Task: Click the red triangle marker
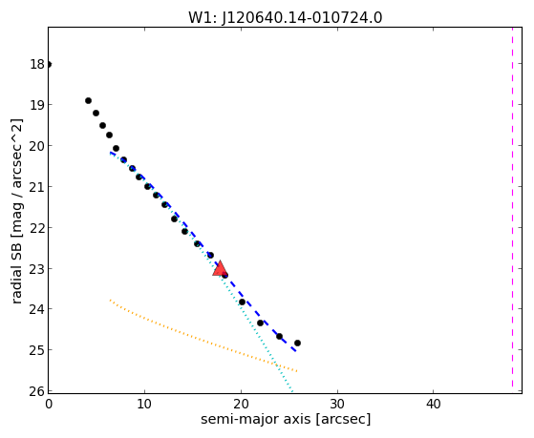(220, 268)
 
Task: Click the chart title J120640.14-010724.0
(302, 18)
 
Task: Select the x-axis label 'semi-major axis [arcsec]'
(286, 419)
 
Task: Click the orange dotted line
(203, 336)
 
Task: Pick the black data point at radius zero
(49, 64)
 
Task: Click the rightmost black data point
(297, 343)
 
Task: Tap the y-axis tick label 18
(37, 64)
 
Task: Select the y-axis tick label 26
(37, 391)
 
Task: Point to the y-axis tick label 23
(37, 268)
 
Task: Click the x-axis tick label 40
(433, 404)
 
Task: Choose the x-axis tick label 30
(337, 404)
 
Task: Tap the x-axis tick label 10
(144, 404)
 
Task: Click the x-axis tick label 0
(49, 404)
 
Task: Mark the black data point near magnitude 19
(88, 101)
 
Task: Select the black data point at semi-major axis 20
(242, 302)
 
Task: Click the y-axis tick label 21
(37, 186)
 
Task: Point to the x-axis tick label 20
(241, 404)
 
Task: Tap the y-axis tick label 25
(37, 350)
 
